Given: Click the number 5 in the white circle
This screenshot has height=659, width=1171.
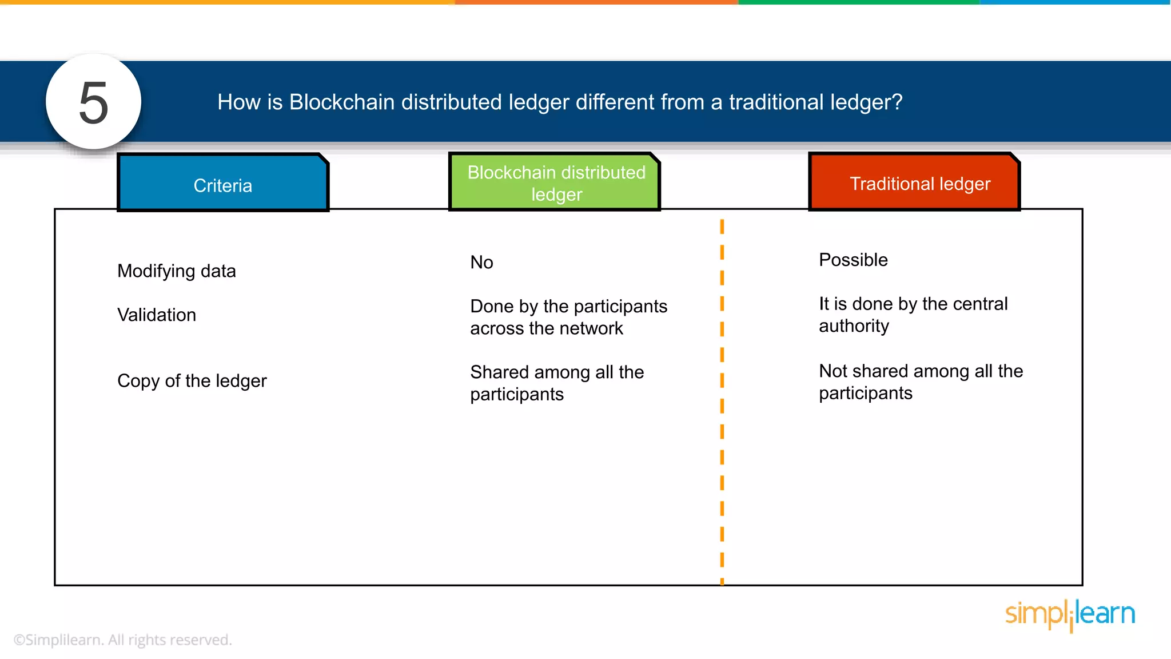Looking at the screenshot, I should pos(93,103).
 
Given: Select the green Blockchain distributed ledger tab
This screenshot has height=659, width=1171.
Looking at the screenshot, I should pos(556,183).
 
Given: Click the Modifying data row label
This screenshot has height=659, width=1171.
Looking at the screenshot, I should pos(176,271).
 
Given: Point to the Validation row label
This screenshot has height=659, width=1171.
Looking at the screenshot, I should pos(156,315).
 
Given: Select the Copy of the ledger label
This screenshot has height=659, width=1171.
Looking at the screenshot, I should pos(192,381).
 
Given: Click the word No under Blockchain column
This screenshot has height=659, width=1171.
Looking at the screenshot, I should pos(481,262).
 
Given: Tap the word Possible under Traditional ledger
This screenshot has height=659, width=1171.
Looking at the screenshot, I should pos(853,260).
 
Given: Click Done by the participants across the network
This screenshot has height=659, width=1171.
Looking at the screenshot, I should pos(568,317).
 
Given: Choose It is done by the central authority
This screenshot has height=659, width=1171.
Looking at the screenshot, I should pos(913,314).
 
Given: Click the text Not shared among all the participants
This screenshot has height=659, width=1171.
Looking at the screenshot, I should pos(920,382).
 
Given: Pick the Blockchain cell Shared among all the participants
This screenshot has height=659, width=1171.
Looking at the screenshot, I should pos(556,383).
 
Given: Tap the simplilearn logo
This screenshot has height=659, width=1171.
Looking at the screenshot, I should pos(1070,614).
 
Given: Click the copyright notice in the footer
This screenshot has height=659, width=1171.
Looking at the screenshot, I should pos(122,640).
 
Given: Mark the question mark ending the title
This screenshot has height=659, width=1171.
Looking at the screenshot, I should pos(897,102).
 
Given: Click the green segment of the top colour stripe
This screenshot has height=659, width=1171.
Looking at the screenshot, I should pos(858,2).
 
